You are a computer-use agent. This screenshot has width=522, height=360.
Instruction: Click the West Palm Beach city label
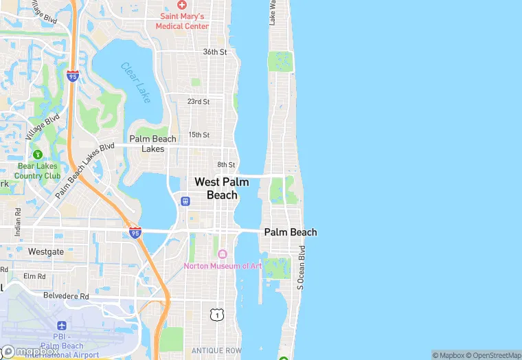click(222, 188)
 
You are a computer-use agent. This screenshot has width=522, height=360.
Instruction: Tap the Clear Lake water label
click(135, 82)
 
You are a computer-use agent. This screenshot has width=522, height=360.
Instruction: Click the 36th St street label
click(215, 52)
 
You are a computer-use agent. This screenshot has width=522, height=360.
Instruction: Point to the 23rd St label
click(198, 102)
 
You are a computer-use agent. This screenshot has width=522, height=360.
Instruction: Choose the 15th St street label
click(198, 135)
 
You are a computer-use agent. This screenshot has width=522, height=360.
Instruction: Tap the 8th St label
click(226, 165)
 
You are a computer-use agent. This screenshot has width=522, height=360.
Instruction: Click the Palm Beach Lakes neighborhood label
click(153, 144)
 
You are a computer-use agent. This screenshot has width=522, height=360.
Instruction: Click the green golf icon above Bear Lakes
click(38, 154)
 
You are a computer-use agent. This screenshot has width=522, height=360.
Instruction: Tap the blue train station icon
click(185, 201)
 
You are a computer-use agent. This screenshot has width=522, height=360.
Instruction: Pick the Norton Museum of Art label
click(222, 266)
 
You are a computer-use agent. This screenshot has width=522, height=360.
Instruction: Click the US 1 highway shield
click(217, 315)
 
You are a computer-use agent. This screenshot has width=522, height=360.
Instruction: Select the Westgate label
click(46, 252)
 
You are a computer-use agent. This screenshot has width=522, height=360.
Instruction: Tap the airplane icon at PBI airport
click(62, 325)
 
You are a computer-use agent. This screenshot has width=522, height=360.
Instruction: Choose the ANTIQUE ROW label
click(216, 351)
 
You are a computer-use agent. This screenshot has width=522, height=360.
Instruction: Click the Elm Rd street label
click(34, 277)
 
